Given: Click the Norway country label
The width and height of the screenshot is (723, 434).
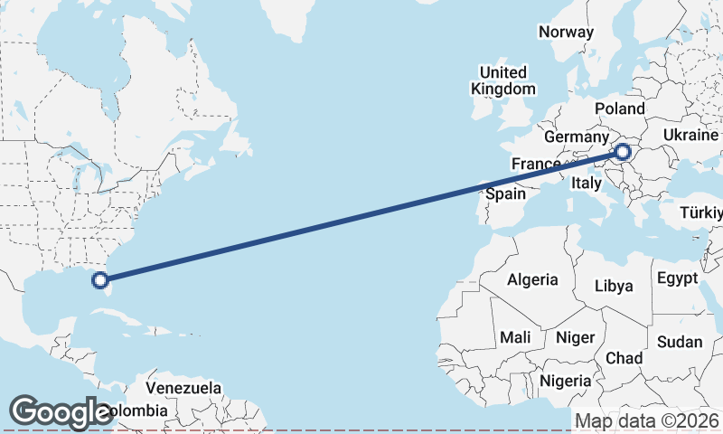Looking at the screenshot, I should point(566,32).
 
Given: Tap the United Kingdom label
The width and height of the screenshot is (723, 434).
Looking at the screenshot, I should point(503,80).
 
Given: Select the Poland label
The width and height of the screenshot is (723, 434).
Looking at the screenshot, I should point(620,108).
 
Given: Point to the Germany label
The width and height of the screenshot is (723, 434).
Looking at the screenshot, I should point(576,137).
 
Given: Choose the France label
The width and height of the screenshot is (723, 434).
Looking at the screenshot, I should point(536,164).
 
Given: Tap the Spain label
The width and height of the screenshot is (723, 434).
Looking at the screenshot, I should point(505,193).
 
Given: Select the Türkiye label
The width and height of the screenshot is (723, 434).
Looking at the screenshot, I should point(703,213).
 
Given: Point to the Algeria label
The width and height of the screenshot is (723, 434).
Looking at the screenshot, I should point(532,279).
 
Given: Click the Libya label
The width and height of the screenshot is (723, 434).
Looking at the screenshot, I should point(614,286).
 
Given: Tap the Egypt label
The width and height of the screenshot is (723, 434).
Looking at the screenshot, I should point(677,277).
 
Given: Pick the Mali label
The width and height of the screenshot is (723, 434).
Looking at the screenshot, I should point(515,337).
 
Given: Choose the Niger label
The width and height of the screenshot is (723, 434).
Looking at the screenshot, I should point(576,337).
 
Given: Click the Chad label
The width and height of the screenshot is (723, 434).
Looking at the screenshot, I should point(624,358).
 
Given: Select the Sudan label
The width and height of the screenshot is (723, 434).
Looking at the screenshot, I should point(680,342).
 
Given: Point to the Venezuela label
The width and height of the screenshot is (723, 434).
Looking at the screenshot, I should point(183,387).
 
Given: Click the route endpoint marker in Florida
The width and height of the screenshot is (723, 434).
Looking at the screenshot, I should point(100,280).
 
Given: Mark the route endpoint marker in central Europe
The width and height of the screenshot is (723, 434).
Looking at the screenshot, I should point(623,152).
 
